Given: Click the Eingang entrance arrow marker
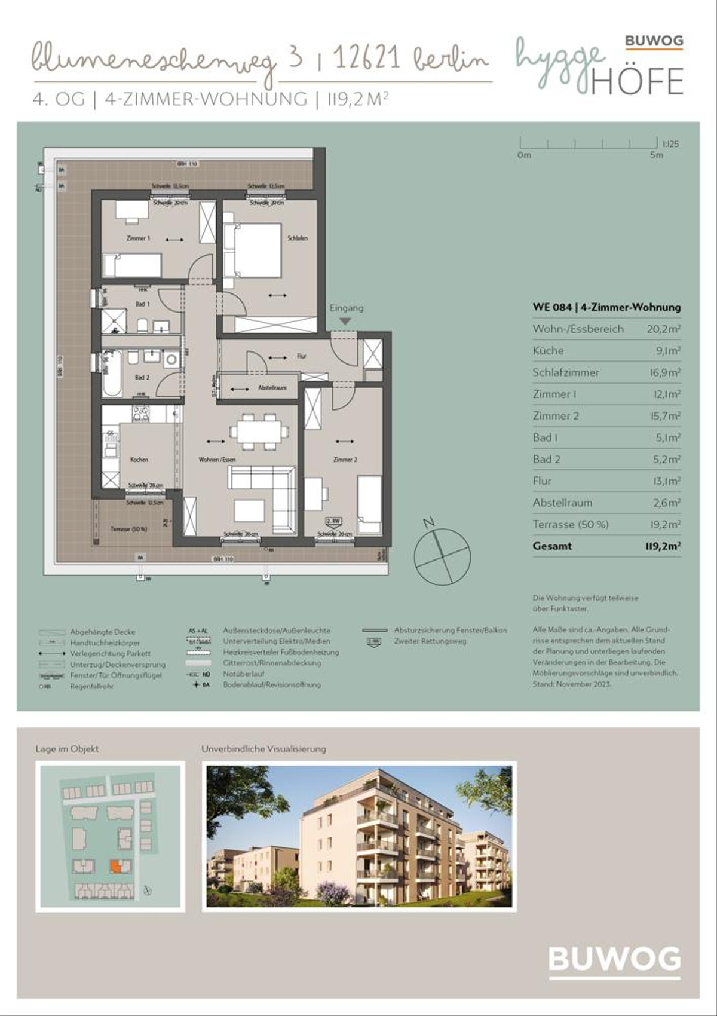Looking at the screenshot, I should point(345,322).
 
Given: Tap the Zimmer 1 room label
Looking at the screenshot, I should point(139,238).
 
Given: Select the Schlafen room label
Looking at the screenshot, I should point(297,238).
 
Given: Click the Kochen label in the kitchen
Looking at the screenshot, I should point(139,460).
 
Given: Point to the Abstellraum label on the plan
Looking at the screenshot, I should point(272,388).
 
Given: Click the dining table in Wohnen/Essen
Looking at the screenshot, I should point(259,432).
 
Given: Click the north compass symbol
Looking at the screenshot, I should point(442,556).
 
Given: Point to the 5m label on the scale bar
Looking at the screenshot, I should point(656,155).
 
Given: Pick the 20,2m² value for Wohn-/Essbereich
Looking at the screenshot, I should point(663,329).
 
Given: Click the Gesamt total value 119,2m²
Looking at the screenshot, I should point(663,546).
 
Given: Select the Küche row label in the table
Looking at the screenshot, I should point(548,351).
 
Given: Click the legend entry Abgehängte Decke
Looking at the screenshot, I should point(103,632).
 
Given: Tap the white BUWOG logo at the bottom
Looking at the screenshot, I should point(614,960).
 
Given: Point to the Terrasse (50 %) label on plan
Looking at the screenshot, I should point(128,529).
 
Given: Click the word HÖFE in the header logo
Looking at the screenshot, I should point(637,81).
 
